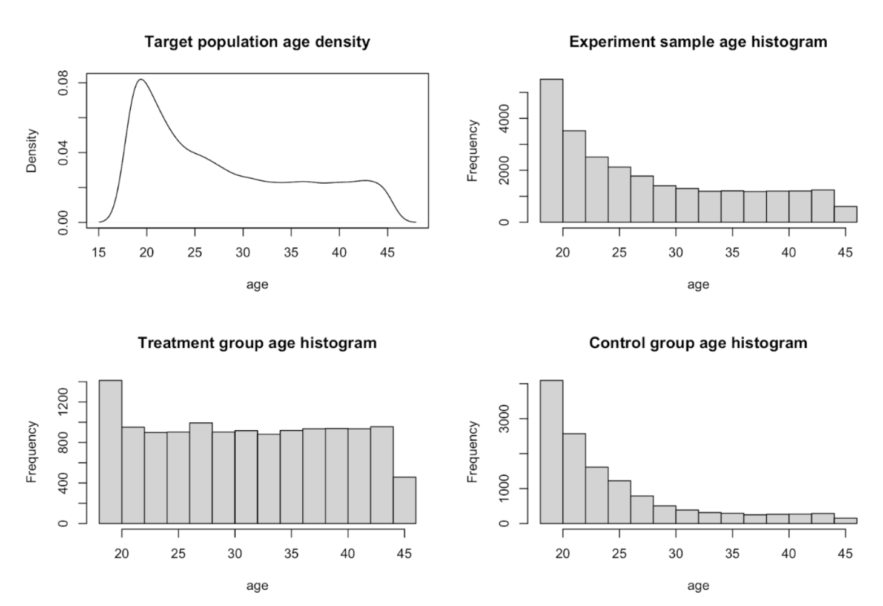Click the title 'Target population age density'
[257, 42]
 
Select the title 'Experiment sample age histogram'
[698, 42]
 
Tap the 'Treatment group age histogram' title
[257, 343]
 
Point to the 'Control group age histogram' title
[698, 343]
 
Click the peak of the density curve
[141, 79]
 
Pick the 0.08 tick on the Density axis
[63, 83]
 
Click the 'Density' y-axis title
[31, 151]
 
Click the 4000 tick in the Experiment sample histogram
[504, 118]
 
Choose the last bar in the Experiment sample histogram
[845, 215]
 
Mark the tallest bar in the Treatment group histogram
[110, 451]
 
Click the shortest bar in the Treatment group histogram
[404, 500]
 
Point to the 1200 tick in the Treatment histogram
[63, 402]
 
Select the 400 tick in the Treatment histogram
[63, 483]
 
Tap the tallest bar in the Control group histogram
[551, 451]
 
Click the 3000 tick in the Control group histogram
[504, 419]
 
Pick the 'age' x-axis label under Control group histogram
[698, 585]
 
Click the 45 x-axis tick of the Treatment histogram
[404, 553]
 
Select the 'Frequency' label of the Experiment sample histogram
[472, 151]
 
